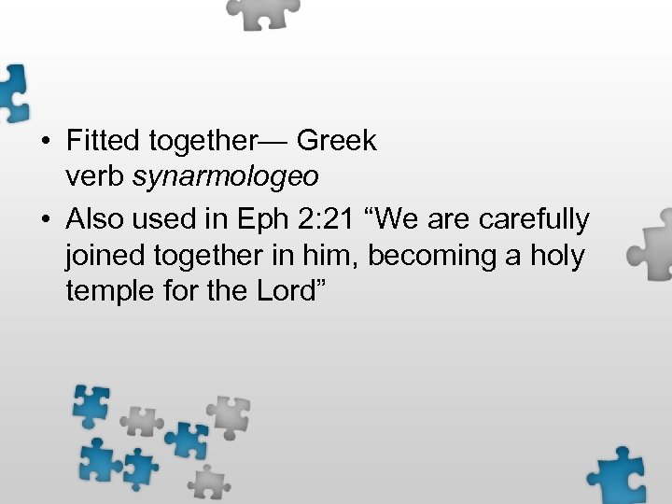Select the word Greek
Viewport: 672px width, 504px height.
coord(337,141)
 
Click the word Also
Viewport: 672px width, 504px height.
coord(93,219)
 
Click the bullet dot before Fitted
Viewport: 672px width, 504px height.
coord(45,142)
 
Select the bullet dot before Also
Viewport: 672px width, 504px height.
coord(45,220)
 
